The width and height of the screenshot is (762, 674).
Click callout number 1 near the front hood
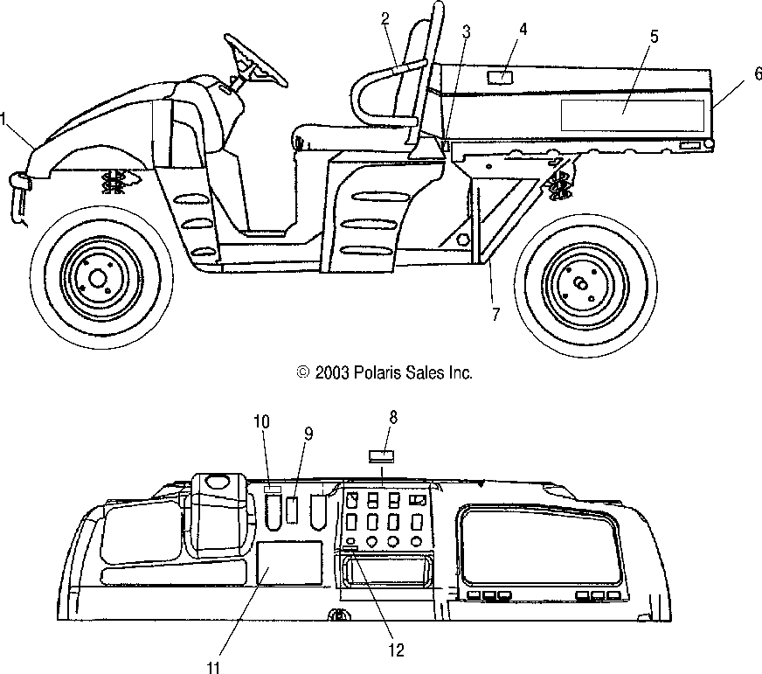(6, 115)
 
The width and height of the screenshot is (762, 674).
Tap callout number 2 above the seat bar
(385, 19)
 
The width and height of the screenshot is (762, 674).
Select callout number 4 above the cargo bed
(523, 29)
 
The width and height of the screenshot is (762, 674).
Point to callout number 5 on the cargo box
(655, 37)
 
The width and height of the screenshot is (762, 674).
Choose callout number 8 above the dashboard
(393, 417)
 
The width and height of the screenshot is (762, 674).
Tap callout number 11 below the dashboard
(212, 667)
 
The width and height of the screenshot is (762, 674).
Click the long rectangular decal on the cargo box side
(632, 115)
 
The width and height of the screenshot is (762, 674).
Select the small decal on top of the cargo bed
(502, 79)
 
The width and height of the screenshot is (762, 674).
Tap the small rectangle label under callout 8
(380, 455)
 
